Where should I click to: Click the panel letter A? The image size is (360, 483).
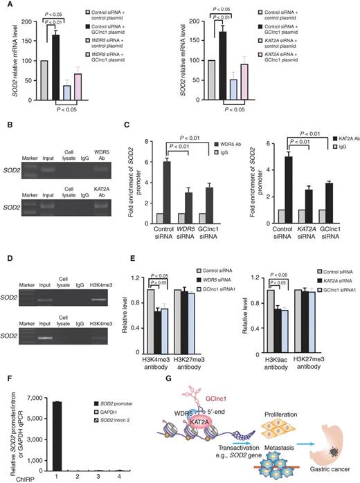[6, 6]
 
